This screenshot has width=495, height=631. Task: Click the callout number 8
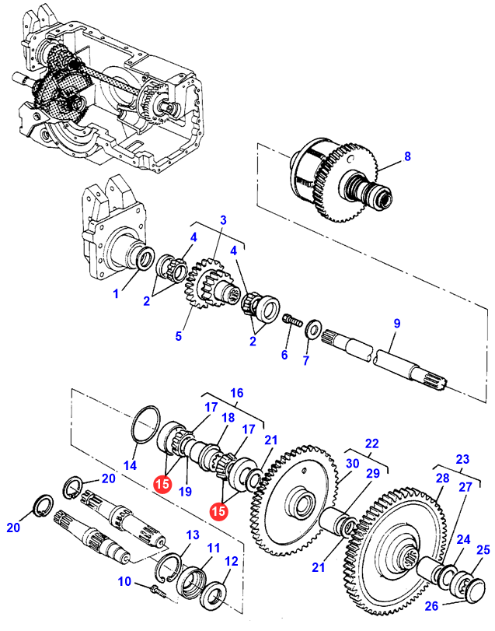(x=406, y=157)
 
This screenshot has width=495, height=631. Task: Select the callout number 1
(x=116, y=294)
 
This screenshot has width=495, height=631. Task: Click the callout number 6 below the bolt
(x=284, y=356)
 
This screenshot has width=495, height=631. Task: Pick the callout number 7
(x=305, y=361)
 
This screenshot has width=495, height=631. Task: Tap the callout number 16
(x=236, y=393)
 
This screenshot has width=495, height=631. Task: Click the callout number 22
(x=372, y=443)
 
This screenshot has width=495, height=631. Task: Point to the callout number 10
(x=125, y=581)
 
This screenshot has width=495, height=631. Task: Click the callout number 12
(x=232, y=561)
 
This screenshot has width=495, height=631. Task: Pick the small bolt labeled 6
(x=291, y=319)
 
